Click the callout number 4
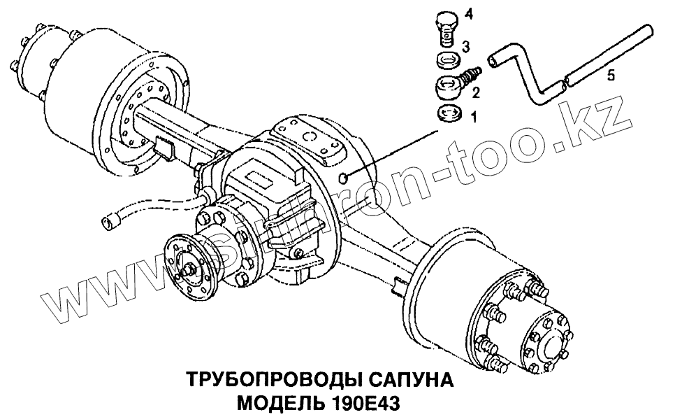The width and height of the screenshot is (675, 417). click(x=469, y=14)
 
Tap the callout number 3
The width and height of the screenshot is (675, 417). click(x=466, y=46)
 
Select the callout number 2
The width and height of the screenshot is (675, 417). click(x=476, y=92)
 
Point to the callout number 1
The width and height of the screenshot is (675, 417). click(x=474, y=116)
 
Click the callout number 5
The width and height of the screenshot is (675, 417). click(x=611, y=76)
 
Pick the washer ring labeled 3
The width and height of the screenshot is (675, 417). click(x=448, y=59)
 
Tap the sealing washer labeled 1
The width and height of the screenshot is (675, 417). click(x=449, y=113)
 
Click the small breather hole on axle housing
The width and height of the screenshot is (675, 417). click(x=342, y=177)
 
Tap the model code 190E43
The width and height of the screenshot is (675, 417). click(x=365, y=404)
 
